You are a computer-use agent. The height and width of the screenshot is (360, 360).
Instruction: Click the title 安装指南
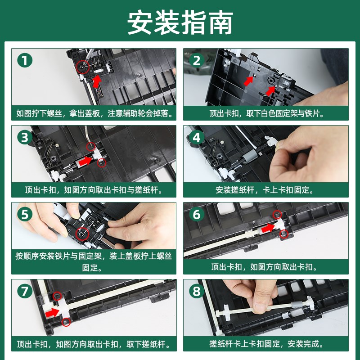[180, 22]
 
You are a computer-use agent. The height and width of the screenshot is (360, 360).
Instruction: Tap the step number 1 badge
[25, 60]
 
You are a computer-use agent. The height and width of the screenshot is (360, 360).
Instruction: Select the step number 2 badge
[197, 60]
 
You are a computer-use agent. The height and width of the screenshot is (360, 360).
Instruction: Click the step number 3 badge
[25, 137]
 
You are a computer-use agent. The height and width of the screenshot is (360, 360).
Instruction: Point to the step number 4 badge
[197, 137]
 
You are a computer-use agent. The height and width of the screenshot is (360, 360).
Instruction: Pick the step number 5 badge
[25, 214]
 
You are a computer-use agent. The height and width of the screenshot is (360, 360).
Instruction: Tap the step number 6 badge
[197, 214]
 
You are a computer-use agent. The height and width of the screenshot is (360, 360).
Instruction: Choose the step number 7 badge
[25, 291]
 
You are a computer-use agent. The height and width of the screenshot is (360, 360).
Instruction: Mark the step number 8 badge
[197, 291]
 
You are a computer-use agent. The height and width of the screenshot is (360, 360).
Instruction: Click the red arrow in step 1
[97, 81]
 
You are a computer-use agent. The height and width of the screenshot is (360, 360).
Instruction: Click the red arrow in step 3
[85, 161]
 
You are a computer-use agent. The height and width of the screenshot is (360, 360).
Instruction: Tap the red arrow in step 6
[268, 228]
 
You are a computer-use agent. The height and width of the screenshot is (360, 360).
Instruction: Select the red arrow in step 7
[52, 313]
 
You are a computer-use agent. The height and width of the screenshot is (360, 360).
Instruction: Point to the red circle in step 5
[82, 234]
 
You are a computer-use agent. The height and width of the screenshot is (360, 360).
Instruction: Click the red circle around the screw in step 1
[83, 67]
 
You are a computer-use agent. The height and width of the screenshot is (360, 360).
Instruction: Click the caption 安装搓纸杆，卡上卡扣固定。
[265, 190]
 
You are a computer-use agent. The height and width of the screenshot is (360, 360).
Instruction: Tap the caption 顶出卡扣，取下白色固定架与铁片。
[265, 113]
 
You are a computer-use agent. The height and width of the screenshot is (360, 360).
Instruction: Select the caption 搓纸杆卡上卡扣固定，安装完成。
[265, 344]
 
